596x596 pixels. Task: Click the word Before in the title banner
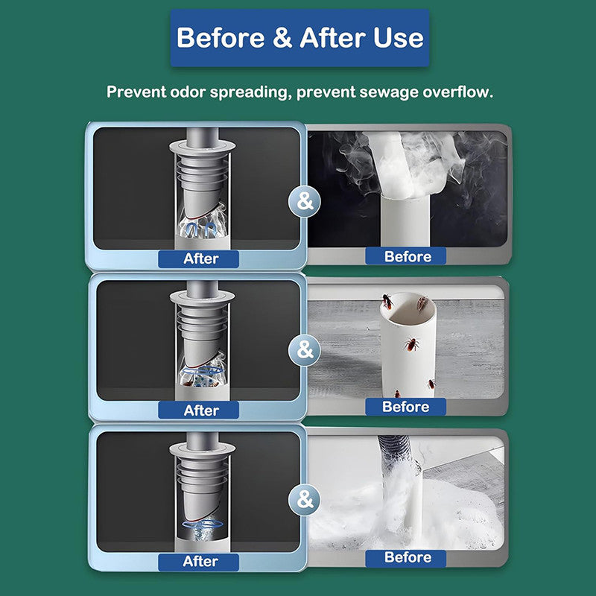pos(221,38)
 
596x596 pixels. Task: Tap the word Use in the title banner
pos(399,38)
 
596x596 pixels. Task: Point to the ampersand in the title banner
pos(282,38)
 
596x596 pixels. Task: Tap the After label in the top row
pos(200,259)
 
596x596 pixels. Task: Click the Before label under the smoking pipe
pos(408,256)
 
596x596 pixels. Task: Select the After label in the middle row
pos(201,410)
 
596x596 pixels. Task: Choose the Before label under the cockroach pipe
pos(405,407)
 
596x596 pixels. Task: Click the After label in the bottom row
pos(200,562)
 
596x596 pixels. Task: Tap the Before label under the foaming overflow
pos(408,557)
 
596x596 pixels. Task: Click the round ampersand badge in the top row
pos(305,201)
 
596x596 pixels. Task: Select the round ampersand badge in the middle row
pos(305,349)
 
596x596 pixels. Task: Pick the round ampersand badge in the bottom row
pos(305,499)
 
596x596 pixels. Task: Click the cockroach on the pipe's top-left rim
pos(387,302)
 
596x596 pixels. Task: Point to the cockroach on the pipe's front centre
pos(411,344)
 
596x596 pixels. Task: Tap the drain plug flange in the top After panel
pos(202,146)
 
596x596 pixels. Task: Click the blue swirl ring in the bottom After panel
pos(203,524)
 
